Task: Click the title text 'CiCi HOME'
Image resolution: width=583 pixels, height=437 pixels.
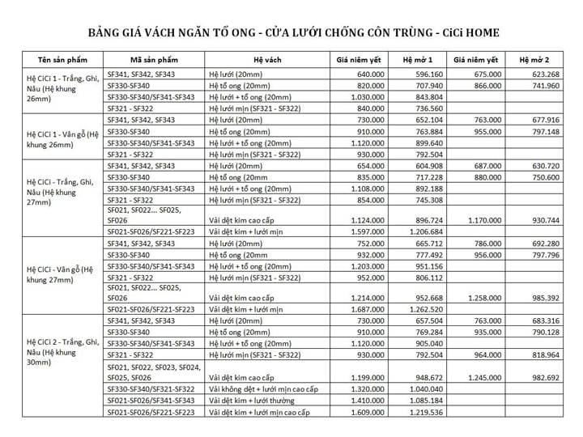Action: click(x=465, y=33)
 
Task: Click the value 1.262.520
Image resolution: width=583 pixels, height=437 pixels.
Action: click(x=424, y=308)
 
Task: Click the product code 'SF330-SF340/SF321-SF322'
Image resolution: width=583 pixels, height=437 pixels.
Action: click(x=151, y=389)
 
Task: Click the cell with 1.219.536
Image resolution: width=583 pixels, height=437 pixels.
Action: click(x=424, y=412)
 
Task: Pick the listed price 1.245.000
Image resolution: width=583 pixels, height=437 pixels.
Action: click(x=482, y=377)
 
